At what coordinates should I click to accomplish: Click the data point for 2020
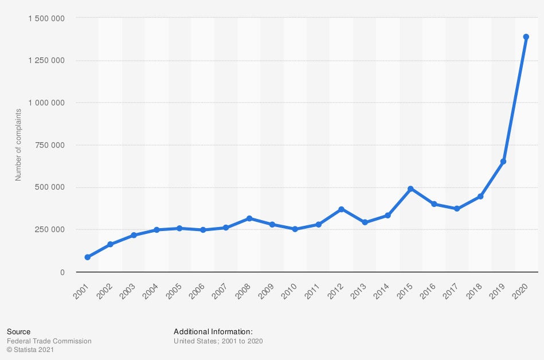[x=526, y=37]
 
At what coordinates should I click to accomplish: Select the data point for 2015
[x=410, y=189]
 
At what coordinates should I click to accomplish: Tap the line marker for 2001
[x=87, y=257]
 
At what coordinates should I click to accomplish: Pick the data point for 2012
[x=341, y=209]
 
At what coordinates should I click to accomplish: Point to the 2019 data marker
[x=503, y=162]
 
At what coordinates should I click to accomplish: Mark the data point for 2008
[x=249, y=218]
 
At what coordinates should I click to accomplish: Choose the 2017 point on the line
[x=457, y=209]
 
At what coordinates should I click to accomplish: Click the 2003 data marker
[x=134, y=235]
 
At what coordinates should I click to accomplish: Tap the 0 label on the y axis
[x=62, y=272]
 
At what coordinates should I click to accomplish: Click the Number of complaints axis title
[x=18, y=144]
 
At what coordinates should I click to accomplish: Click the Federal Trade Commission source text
[x=49, y=341]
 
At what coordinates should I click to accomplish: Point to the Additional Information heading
[x=213, y=331]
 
